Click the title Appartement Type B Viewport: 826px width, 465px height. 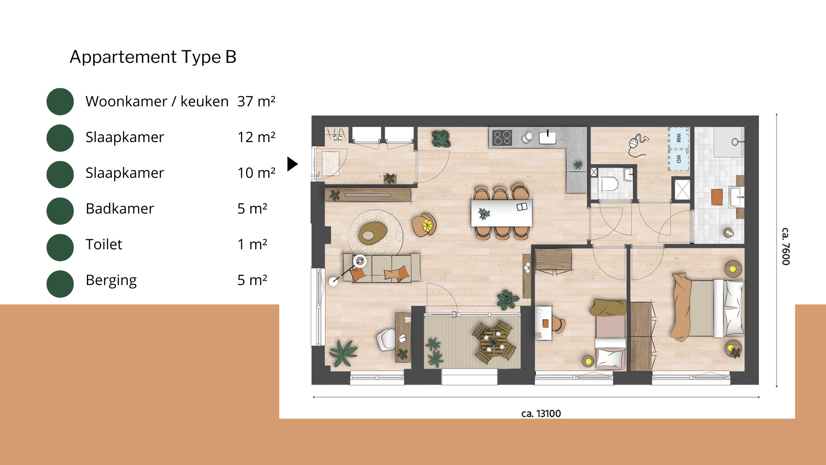[x=153, y=57]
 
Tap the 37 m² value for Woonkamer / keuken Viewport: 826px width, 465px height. [x=256, y=101]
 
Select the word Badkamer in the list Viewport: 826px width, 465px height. [x=120, y=208]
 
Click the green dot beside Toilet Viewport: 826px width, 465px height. [x=60, y=247]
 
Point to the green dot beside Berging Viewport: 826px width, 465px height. [x=60, y=284]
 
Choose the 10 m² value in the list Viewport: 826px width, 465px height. [x=256, y=173]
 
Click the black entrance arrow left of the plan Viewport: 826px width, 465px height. [x=293, y=164]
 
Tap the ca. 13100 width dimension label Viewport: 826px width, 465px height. [x=541, y=413]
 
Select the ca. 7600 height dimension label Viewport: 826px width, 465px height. [x=786, y=246]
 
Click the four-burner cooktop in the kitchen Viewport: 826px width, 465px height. [x=502, y=138]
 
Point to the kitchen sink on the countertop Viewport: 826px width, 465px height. [x=548, y=137]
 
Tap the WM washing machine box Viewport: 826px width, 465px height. [x=678, y=138]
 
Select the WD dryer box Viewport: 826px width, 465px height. [x=678, y=159]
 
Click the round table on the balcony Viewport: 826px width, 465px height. [x=494, y=341]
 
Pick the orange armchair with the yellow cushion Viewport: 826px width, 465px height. [x=424, y=225]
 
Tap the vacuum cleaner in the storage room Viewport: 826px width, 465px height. [x=638, y=145]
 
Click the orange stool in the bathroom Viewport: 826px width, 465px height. [x=717, y=197]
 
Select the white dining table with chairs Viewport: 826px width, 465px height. [x=502, y=213]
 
